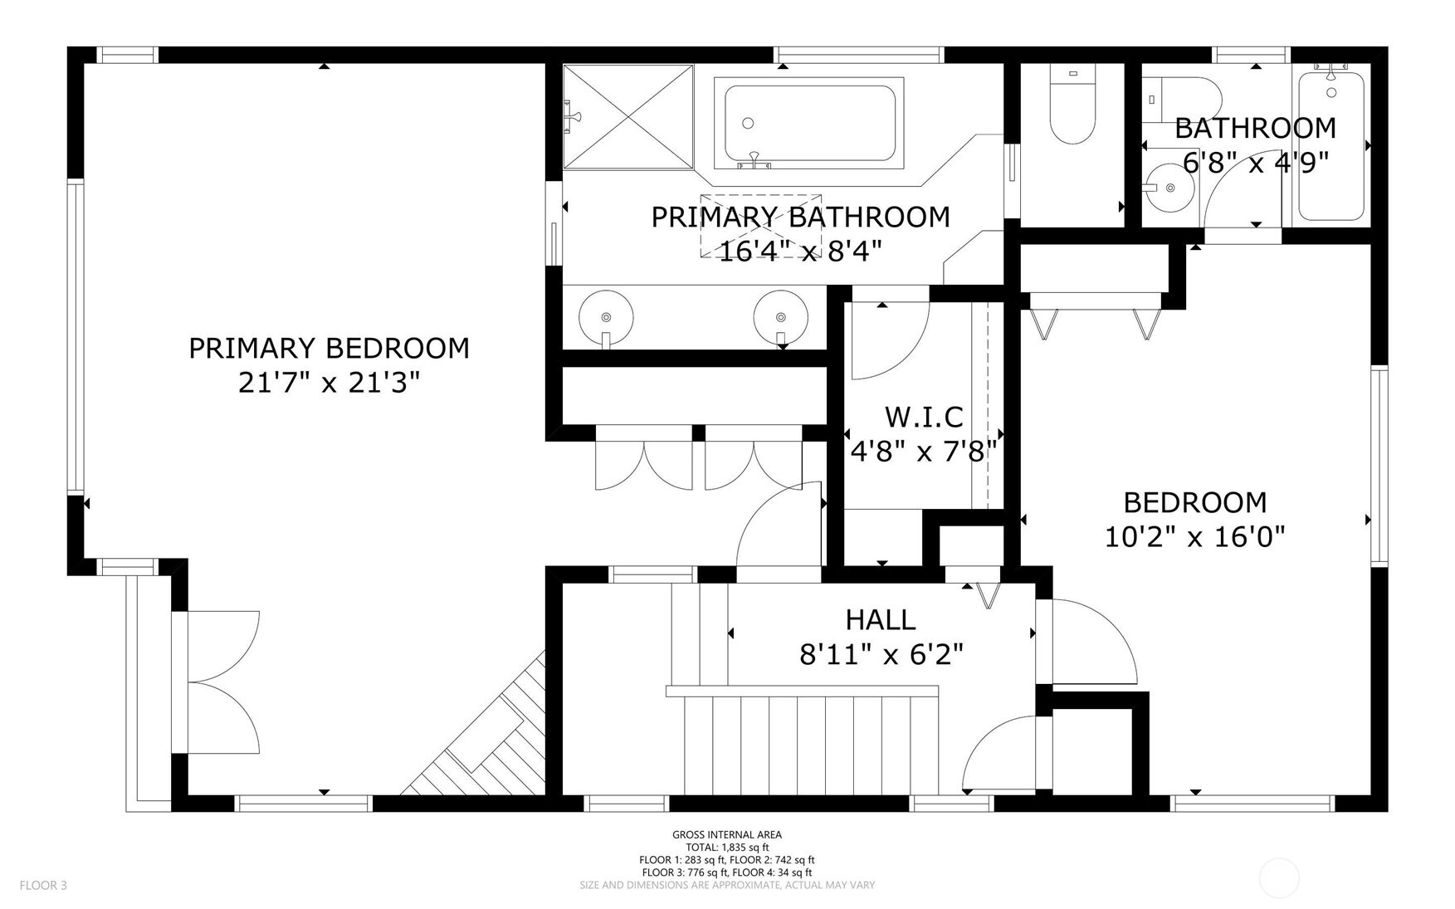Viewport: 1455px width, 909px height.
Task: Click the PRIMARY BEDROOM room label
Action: click(329, 348)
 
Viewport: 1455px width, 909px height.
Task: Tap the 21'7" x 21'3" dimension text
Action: click(329, 383)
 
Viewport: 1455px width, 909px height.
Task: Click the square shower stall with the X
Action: click(628, 117)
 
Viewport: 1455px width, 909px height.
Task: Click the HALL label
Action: click(881, 619)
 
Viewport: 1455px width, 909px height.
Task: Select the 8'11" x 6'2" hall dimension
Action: click(881, 655)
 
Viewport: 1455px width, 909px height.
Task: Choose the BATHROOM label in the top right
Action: click(1255, 128)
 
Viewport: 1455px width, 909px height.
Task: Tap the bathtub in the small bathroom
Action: click(1331, 146)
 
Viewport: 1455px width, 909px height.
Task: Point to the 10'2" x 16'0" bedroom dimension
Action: click(1194, 537)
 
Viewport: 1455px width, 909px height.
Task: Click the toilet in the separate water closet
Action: click(1073, 106)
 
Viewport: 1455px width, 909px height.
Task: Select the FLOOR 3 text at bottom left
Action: click(43, 885)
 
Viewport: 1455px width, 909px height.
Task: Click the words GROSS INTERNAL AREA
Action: click(727, 835)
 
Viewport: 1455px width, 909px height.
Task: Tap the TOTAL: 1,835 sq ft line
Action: click(727, 848)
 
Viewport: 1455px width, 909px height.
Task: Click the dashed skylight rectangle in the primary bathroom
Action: click(761, 226)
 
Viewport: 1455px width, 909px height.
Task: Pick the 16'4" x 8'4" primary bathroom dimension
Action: click(799, 251)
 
